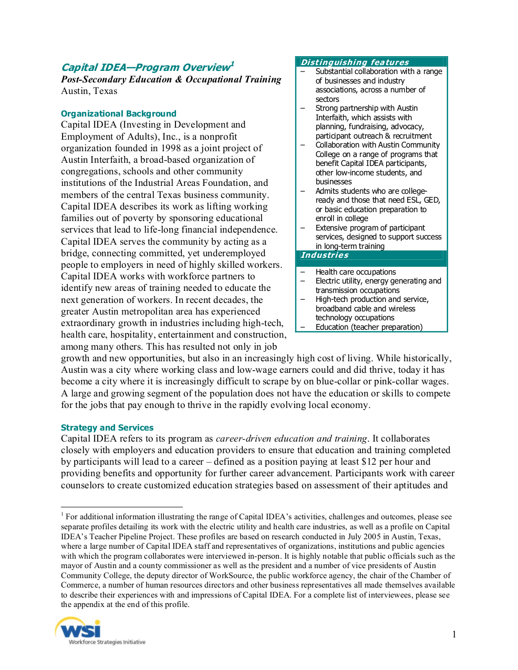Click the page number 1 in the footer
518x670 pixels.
[454, 634]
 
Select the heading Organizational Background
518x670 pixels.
[118, 113]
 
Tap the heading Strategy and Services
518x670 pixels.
[107, 427]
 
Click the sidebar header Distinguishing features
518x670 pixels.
[355, 62]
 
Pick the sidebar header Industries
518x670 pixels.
[325, 255]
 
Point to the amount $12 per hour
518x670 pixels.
[369, 462]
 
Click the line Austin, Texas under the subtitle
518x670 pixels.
[89, 91]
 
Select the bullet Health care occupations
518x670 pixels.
[356, 272]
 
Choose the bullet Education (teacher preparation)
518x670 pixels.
[369, 327]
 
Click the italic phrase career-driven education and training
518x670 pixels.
[292, 438]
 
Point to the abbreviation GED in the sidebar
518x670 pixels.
[431, 200]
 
